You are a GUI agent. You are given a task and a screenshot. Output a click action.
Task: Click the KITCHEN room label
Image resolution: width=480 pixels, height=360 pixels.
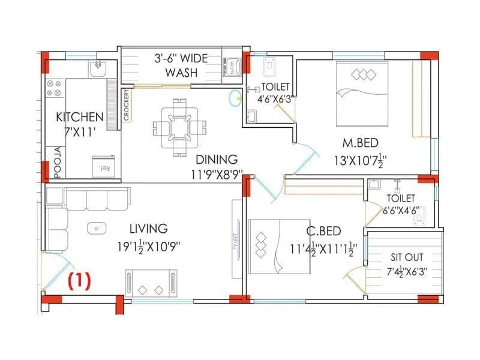tap(80, 116)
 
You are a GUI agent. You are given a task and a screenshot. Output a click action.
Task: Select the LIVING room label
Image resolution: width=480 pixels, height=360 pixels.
tap(148, 229)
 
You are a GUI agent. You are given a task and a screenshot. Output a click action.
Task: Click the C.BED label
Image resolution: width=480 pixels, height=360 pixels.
tap(324, 231)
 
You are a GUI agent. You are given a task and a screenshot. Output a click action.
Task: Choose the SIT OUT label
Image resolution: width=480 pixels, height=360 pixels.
tap(404, 257)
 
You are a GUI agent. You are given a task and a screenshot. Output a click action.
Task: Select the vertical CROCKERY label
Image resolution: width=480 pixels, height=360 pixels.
tap(127, 106)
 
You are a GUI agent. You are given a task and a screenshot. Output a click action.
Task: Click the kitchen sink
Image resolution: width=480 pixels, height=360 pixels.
tap(97, 70)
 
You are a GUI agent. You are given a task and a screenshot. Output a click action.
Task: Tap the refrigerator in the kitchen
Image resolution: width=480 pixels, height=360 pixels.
tap(99, 166)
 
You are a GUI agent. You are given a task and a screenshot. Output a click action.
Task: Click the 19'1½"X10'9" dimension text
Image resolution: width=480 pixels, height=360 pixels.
tap(148, 246)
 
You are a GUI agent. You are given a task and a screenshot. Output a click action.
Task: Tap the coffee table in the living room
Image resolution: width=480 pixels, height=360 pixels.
tap(96, 228)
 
